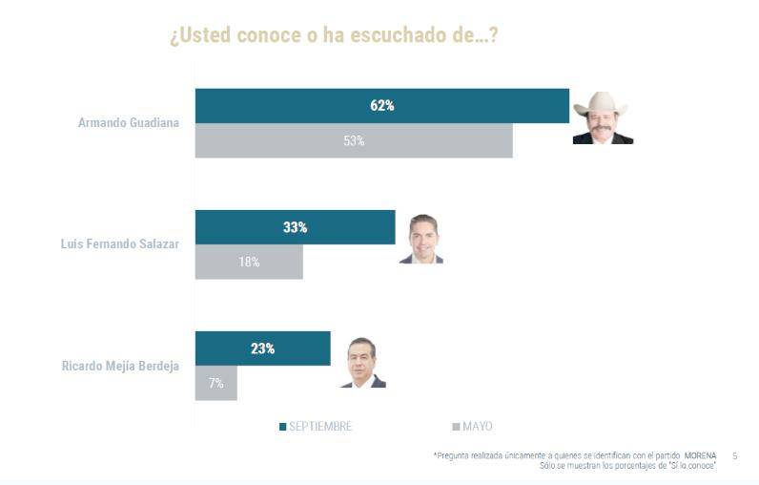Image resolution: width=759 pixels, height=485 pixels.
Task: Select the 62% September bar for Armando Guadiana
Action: pos(381,106)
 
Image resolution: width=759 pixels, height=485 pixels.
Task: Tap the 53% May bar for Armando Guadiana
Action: pos(353,140)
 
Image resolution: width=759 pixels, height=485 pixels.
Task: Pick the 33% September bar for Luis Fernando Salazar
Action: pos(295,227)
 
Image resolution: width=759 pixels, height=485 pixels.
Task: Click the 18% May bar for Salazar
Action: pos(249,262)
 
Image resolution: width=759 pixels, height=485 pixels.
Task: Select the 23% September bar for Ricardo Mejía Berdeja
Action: pos(262,348)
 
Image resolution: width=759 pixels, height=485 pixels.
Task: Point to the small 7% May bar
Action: pos(215,383)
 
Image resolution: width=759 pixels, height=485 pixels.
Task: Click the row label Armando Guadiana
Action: pos(129,123)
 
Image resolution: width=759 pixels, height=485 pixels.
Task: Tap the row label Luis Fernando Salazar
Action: pos(120,244)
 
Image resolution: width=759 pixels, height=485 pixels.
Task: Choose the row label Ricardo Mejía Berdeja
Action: pos(120,366)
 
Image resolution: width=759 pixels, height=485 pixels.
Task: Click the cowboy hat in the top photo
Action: pos(601,103)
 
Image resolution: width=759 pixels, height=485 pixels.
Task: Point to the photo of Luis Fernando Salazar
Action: pos(421,239)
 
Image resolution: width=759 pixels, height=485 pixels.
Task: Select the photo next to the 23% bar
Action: pos(362,362)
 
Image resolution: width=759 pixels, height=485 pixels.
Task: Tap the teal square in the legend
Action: pos(283,427)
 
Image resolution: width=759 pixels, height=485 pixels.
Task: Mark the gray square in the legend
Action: pos(456,427)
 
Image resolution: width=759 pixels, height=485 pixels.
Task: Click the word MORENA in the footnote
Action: pos(700,455)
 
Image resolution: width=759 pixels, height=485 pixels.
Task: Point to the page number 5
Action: pos(734,455)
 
